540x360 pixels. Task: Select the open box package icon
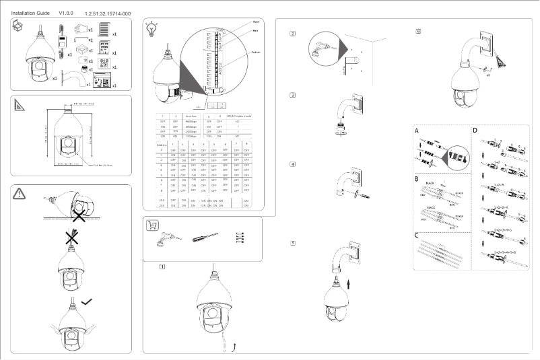(x=21, y=26)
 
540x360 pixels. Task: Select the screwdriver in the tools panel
(x=205, y=238)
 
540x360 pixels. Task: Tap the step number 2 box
(x=292, y=35)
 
